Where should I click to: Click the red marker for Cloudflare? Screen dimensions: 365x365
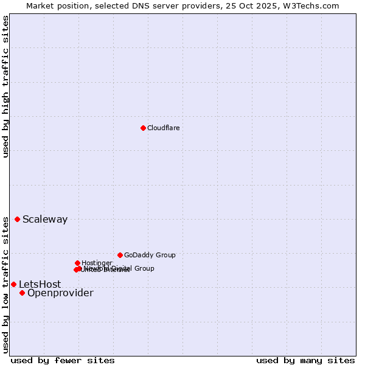143,128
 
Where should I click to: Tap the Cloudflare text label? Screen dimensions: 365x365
163,128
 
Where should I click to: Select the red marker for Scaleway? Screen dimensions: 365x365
17,219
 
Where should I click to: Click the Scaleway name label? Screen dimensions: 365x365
45,220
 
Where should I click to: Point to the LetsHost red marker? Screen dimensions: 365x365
13,284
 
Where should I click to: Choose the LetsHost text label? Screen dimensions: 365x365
40,285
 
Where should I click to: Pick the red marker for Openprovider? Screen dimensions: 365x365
22,293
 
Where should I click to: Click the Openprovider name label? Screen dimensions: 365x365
60,293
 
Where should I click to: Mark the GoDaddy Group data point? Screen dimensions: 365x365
120,255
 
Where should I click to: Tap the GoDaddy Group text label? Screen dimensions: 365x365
150,255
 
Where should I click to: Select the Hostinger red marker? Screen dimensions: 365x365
77,263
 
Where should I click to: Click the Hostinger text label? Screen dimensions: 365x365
97,263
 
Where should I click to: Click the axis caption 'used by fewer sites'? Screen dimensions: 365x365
63,360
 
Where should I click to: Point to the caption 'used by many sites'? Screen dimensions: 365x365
305,360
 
